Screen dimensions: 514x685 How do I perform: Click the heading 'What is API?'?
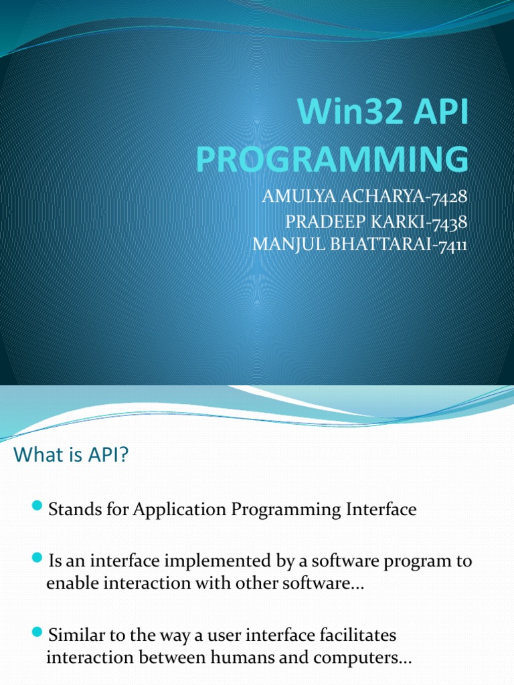pyautogui.click(x=71, y=454)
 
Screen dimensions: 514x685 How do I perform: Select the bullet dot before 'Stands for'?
pyautogui.click(x=37, y=506)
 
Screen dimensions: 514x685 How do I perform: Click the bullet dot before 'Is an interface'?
pyautogui.click(x=37, y=557)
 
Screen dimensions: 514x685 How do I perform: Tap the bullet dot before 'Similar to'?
pyautogui.click(x=37, y=631)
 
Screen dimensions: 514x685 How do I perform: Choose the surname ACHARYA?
pyautogui.click(x=383, y=197)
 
